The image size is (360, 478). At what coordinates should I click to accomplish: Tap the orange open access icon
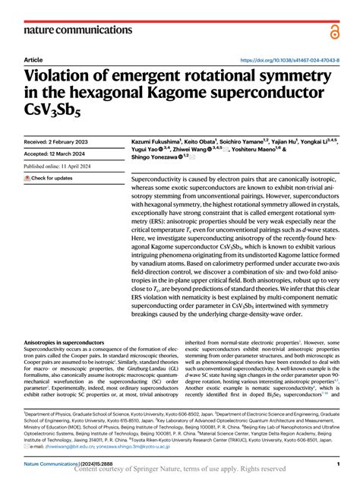point(335,30)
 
